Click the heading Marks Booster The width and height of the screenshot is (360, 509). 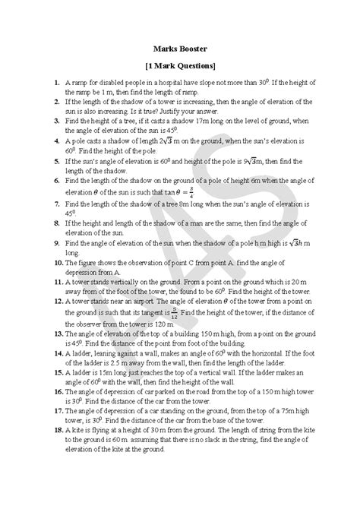click(179, 49)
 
